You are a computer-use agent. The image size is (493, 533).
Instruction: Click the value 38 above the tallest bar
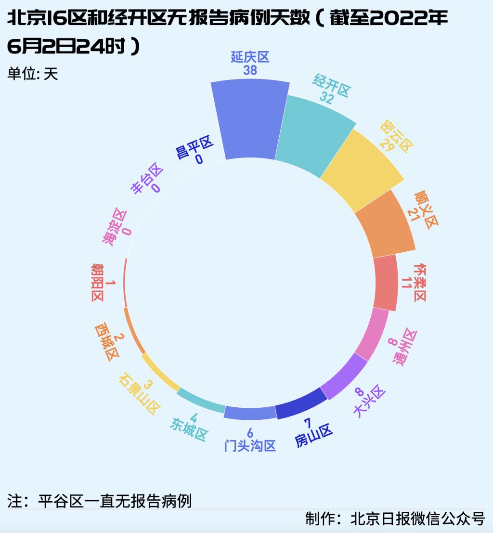point(250,70)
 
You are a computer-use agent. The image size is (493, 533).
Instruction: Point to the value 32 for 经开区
point(327,98)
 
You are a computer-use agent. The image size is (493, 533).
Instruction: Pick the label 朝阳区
point(97,283)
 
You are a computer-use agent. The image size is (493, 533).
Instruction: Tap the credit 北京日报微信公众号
point(395,519)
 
